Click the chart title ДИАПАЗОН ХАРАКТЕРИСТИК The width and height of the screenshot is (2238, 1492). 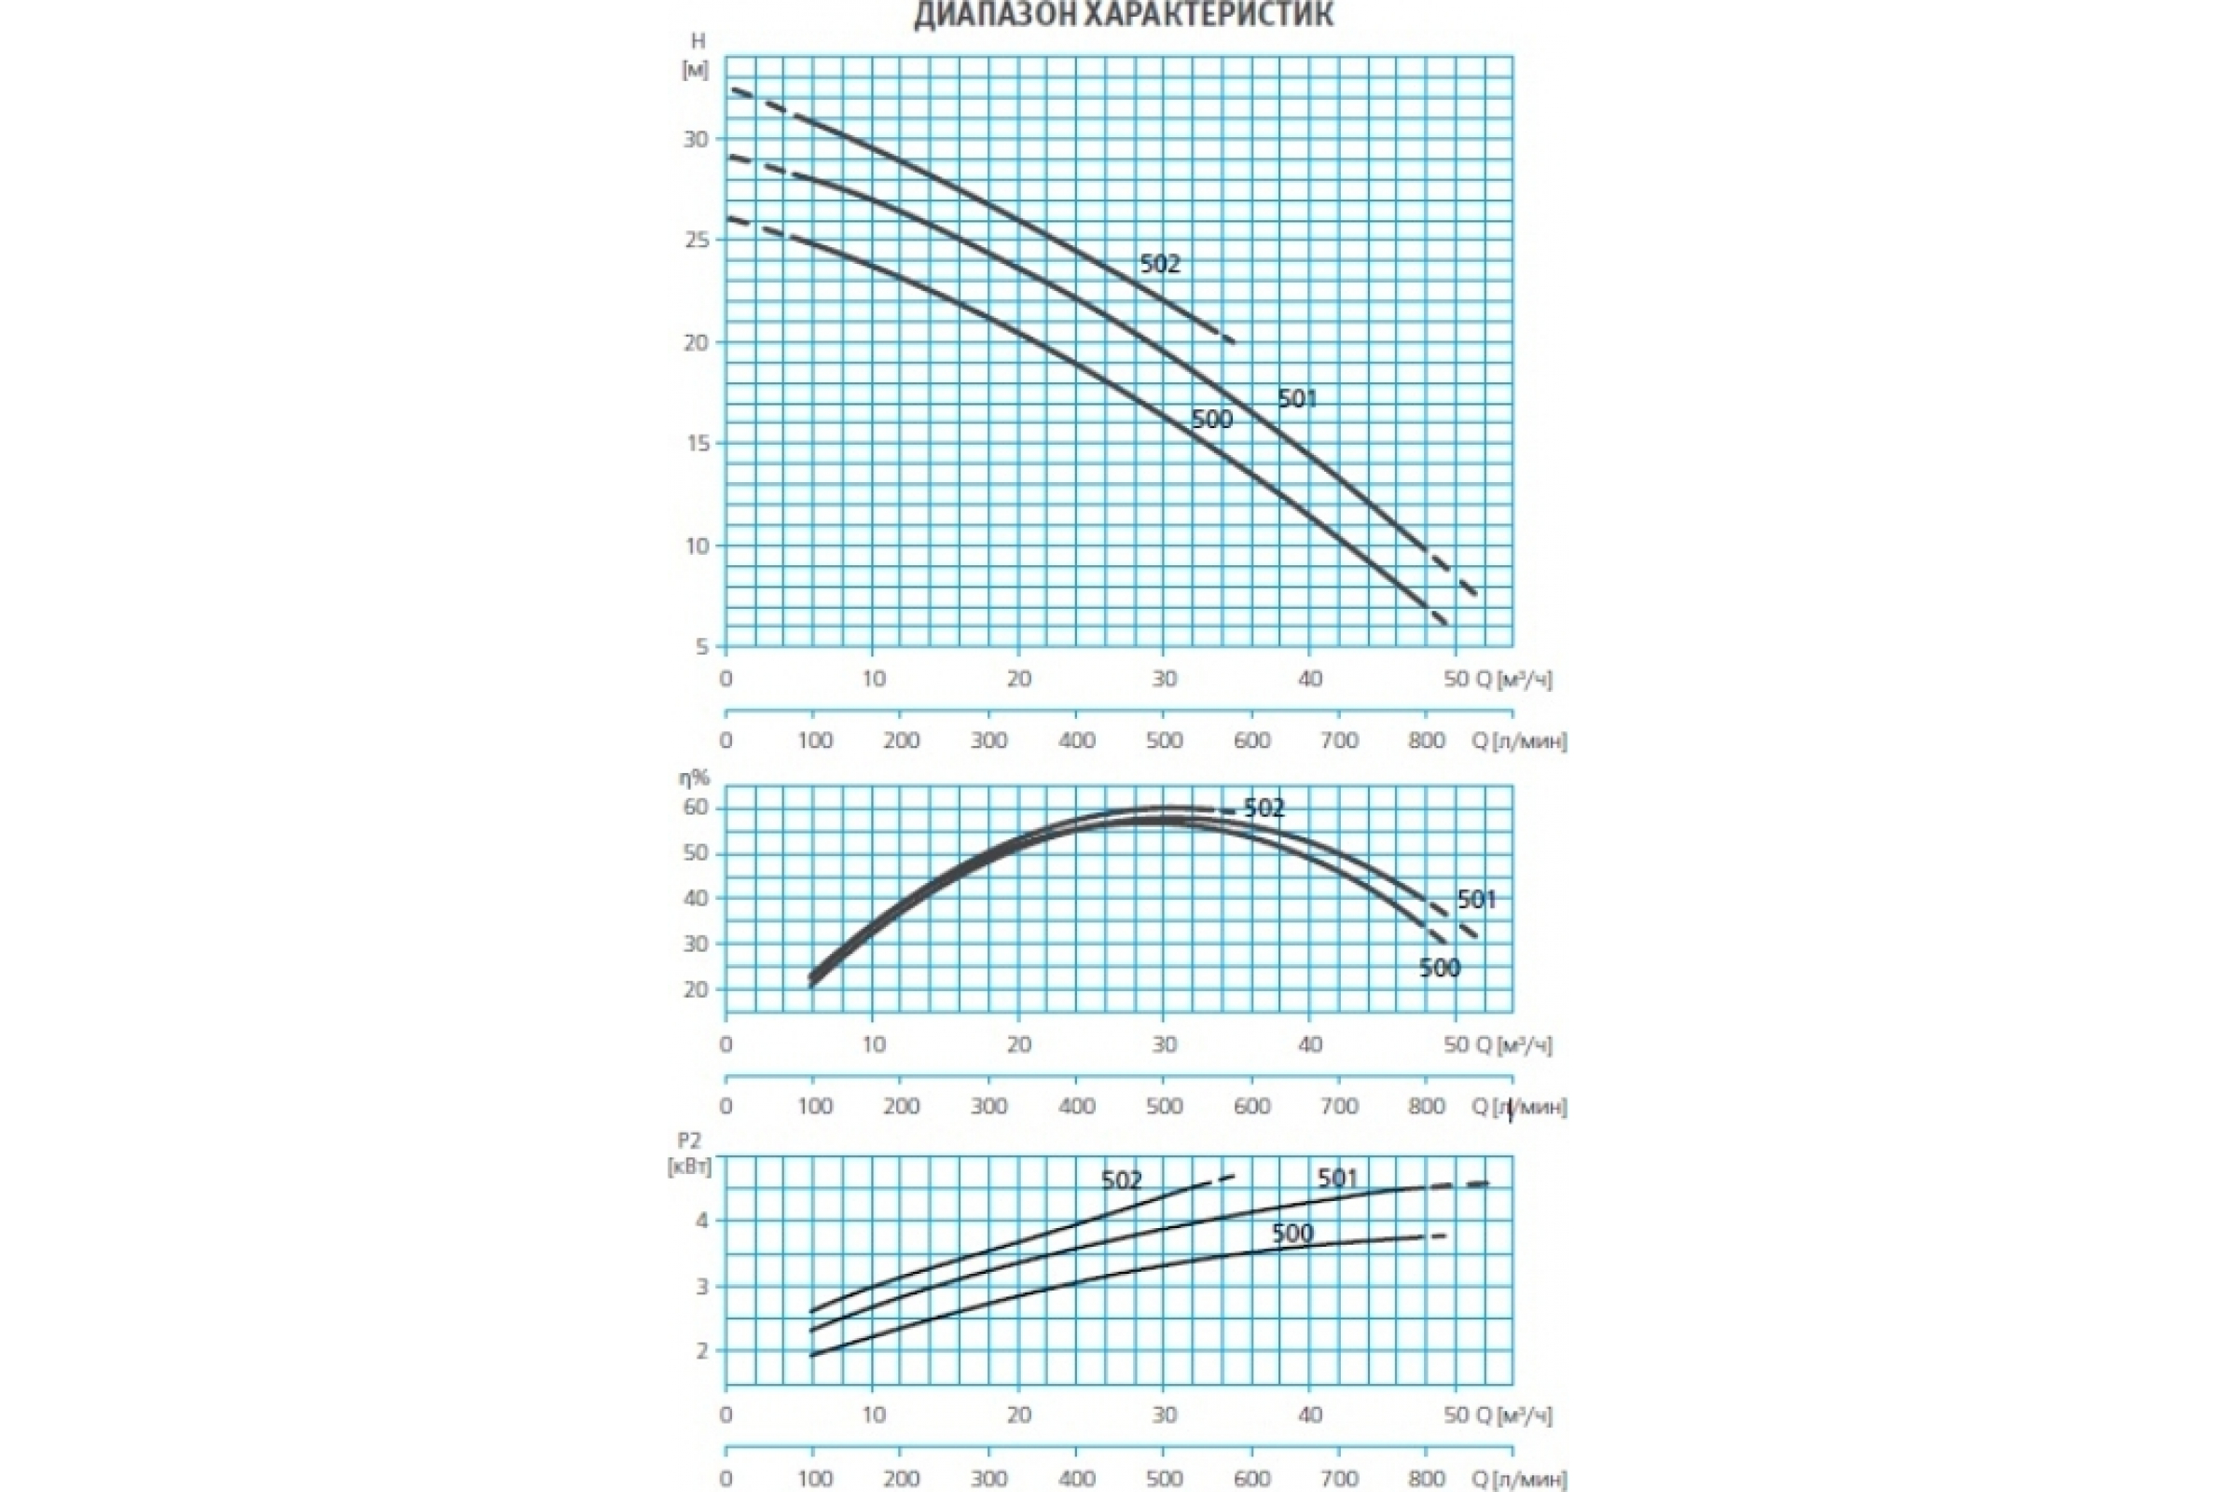click(x=1123, y=15)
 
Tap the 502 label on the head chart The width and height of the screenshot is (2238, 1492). click(x=1160, y=264)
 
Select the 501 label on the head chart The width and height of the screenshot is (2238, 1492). click(x=1297, y=399)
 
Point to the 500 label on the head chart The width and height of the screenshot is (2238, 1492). click(x=1212, y=420)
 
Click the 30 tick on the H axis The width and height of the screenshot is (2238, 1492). click(x=697, y=140)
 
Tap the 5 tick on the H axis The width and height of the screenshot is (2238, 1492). click(x=702, y=647)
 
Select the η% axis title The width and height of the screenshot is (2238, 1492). click(x=694, y=779)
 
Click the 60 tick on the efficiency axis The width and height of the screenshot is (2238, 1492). click(x=697, y=808)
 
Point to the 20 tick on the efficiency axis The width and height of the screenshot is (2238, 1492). click(x=697, y=989)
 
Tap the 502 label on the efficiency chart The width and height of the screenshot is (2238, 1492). click(x=1264, y=808)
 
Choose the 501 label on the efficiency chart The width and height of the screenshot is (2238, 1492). click(x=1477, y=899)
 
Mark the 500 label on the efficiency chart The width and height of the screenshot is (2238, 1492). click(x=1440, y=969)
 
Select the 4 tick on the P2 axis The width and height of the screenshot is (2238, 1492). click(x=702, y=1220)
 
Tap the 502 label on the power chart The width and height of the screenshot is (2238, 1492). click(x=1122, y=1181)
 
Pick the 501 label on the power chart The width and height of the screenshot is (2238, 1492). click(x=1338, y=1179)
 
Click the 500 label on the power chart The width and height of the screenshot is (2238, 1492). click(x=1292, y=1234)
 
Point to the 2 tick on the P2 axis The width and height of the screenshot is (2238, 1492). click(x=702, y=1351)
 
